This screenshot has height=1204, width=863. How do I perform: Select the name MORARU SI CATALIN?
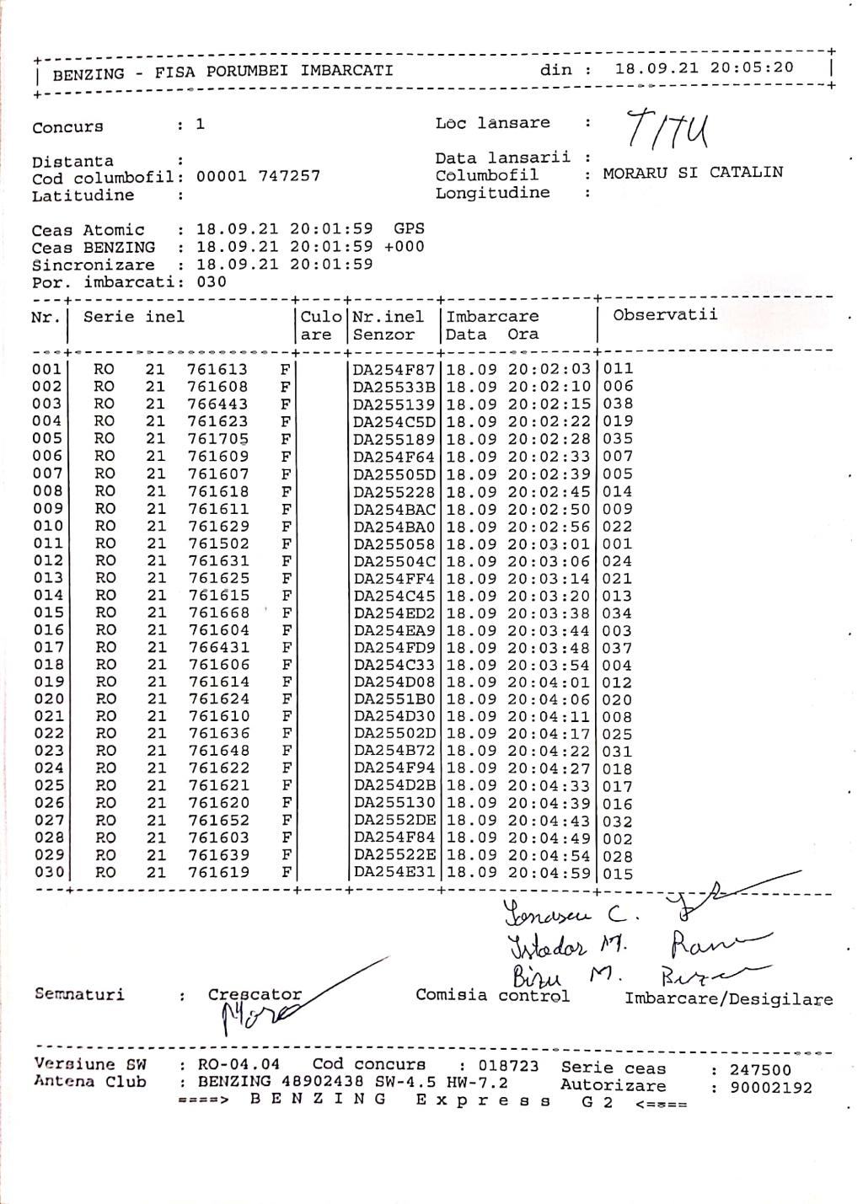click(693, 173)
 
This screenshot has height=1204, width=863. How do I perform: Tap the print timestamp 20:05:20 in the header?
click(752, 67)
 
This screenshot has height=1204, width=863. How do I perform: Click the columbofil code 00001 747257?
click(258, 176)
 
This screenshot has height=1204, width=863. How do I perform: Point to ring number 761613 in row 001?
click(217, 369)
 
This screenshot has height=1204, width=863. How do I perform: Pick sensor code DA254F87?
click(394, 369)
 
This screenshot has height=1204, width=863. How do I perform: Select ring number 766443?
click(217, 404)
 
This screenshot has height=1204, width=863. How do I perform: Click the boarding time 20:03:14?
click(549, 578)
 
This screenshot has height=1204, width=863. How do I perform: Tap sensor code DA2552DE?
click(394, 821)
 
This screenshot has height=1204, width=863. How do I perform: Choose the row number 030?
click(48, 872)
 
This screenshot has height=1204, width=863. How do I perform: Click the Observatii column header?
click(665, 315)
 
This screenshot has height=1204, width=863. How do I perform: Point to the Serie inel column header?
click(133, 317)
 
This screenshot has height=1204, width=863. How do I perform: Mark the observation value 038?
click(618, 404)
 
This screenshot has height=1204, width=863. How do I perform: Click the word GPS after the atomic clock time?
click(409, 228)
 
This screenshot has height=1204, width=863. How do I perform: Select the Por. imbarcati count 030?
click(211, 281)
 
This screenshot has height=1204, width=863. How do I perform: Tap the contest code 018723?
click(508, 1066)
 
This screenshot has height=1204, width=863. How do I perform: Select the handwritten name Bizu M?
click(565, 977)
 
